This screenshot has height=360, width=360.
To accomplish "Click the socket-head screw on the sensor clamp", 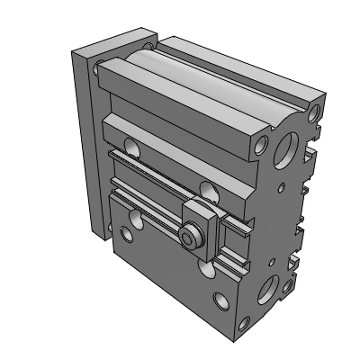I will point(191,238).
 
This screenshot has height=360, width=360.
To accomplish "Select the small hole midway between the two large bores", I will point(280,216).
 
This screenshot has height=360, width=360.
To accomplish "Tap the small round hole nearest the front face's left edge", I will point(125,236).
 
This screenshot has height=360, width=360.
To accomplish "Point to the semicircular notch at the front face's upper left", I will point(132,144).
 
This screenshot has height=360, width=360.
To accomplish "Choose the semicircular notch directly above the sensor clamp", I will point(208,189).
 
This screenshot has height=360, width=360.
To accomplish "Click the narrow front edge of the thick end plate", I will point(80,144).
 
